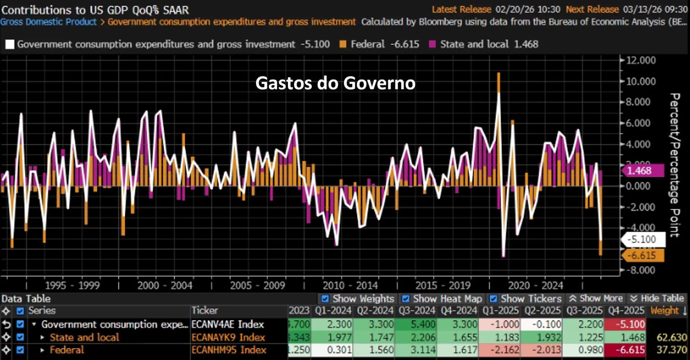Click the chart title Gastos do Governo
point(335,83)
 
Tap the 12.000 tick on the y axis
point(641,60)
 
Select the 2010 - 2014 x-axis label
point(350,285)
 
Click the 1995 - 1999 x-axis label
point(72,285)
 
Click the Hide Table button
point(657,298)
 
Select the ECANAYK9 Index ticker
point(228,337)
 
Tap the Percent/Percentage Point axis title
point(674,165)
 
